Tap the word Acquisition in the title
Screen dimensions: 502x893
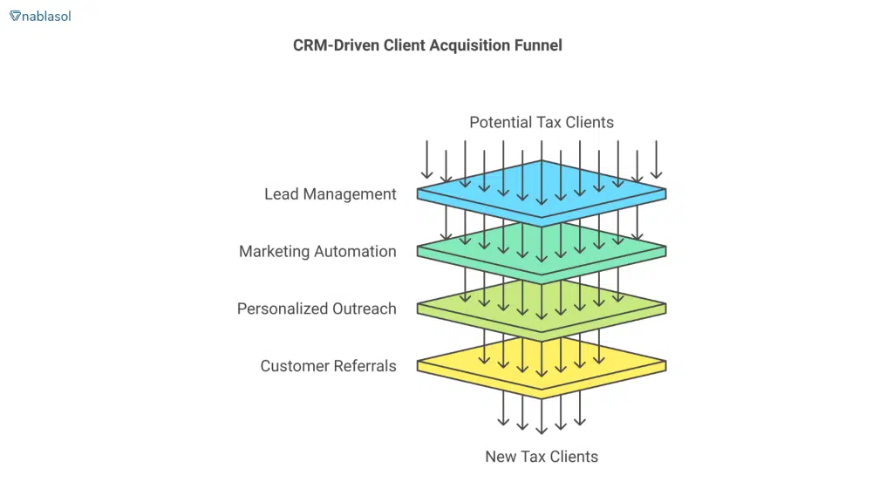pos(467,45)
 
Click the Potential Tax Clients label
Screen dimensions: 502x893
pos(541,122)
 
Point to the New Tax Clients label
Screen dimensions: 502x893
pos(541,456)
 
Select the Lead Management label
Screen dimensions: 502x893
pos(330,193)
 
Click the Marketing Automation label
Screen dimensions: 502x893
pos(317,251)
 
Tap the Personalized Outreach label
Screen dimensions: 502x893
pos(317,309)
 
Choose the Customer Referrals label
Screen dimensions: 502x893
pos(328,366)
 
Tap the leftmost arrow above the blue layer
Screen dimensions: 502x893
pos(427,161)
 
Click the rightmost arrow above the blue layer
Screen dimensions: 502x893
pos(656,161)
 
